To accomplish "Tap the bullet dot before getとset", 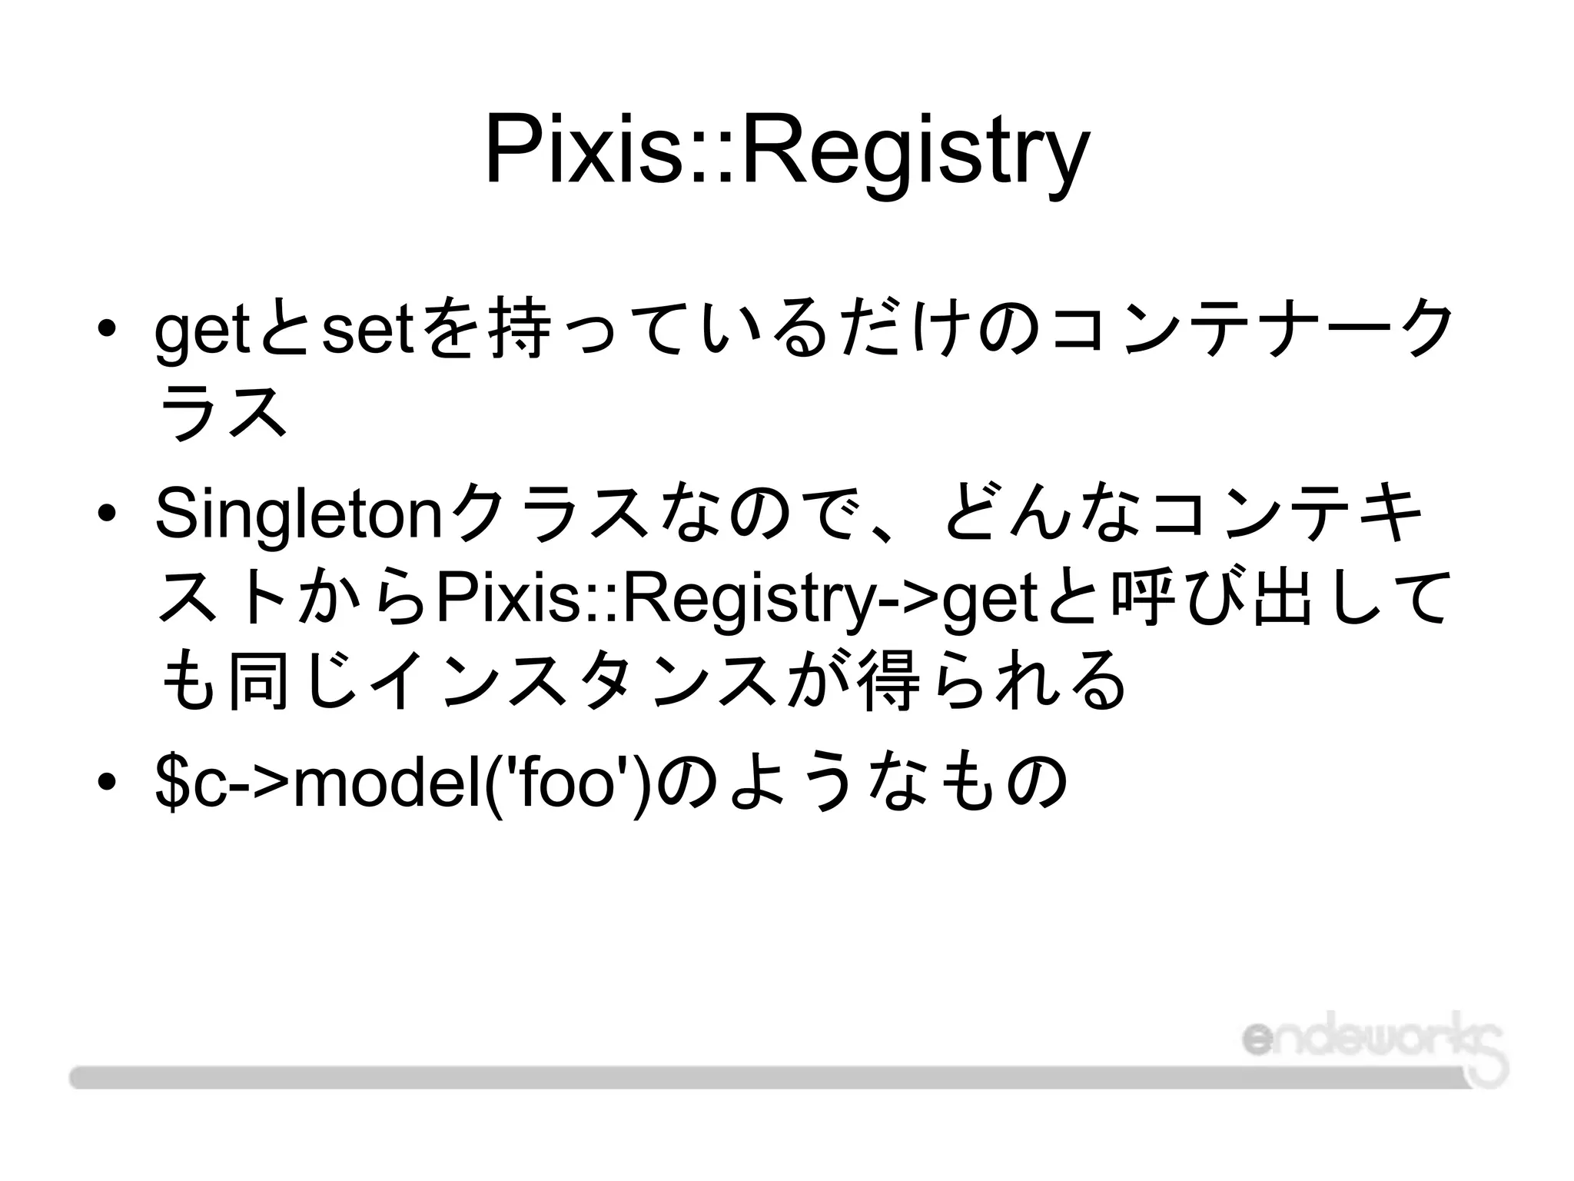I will pyautogui.click(x=107, y=328).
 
